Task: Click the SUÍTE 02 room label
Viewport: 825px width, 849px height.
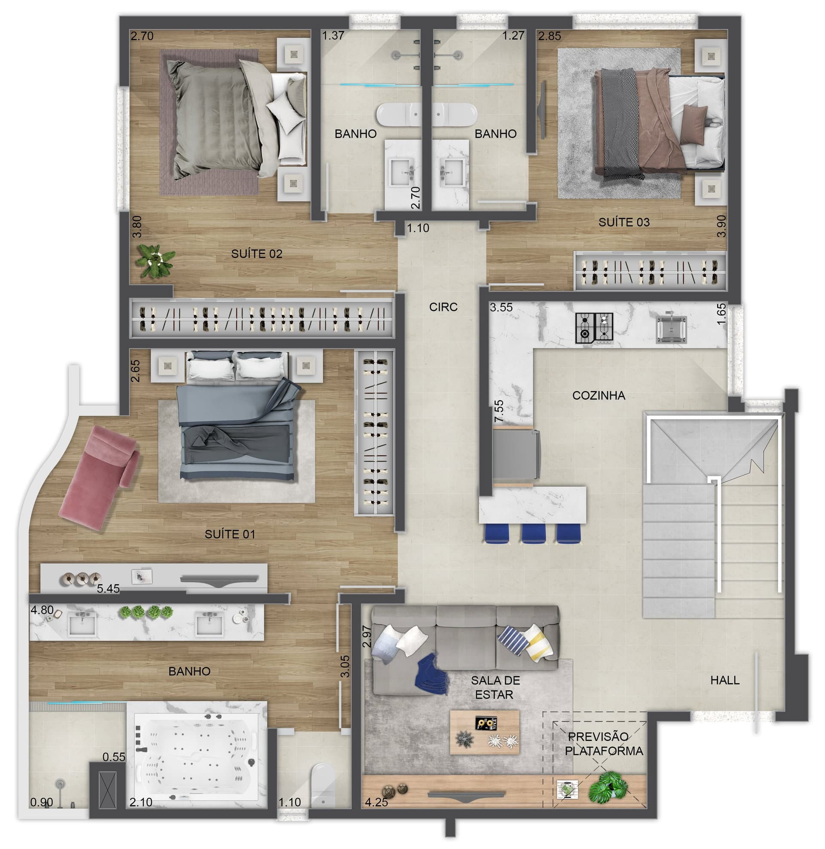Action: coord(257,254)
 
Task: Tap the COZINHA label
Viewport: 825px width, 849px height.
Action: coord(599,396)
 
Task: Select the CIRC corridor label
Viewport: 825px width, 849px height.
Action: coord(443,307)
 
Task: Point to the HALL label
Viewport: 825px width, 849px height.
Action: coord(725,680)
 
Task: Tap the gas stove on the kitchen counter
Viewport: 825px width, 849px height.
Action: coord(594,328)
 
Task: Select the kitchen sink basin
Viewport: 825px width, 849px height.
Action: coord(671,330)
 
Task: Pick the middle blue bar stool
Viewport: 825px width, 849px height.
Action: coord(534,533)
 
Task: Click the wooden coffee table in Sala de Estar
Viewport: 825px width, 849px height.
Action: coord(484,732)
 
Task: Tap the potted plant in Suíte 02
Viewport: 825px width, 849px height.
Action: coord(155,260)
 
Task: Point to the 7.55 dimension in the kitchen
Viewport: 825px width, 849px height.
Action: coord(499,411)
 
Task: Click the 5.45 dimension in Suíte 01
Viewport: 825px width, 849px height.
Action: coord(108,589)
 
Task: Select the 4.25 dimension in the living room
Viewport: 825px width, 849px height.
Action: coord(376,802)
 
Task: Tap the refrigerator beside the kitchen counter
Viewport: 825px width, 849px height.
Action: coord(516,455)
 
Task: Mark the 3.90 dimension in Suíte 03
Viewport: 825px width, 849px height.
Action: coord(721,226)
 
